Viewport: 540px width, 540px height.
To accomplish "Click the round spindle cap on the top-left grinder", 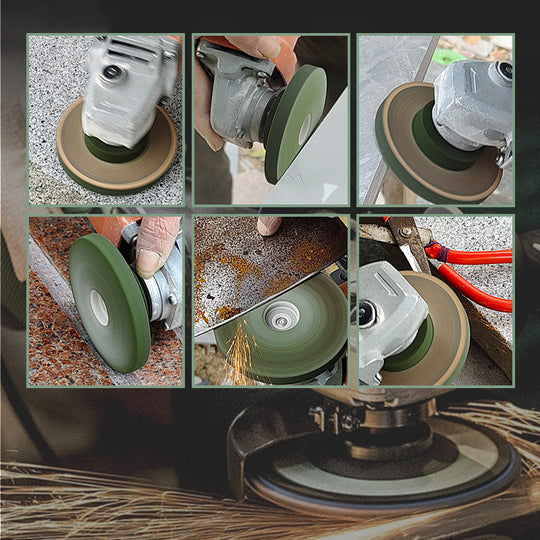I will tap(110, 72).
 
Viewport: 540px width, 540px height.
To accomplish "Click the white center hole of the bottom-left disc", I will tap(99, 306).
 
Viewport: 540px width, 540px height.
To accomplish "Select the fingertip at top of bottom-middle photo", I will tap(269, 226).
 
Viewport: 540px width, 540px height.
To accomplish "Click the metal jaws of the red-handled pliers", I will tap(409, 236).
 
